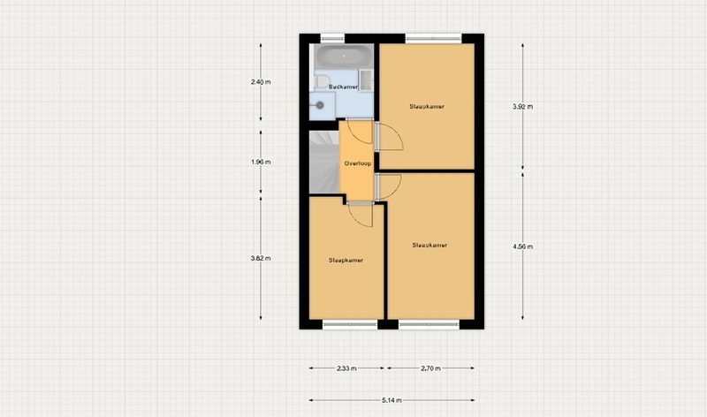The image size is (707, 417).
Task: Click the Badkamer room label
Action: pos(343,87)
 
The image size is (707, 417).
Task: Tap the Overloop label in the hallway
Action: pos(358,163)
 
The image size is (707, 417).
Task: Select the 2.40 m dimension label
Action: pos(261,82)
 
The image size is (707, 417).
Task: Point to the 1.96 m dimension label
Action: pos(261,162)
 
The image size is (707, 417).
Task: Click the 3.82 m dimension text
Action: pos(261,258)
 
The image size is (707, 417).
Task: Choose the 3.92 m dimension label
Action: pos(522,107)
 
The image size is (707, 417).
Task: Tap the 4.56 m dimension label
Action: pos(522,246)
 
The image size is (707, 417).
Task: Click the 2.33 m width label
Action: pos(346,368)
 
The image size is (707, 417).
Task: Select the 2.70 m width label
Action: pos(430,368)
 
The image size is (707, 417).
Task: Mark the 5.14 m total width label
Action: pos(392,400)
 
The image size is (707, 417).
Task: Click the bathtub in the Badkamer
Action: pos(344,56)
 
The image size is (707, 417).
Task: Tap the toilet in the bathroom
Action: pos(322,82)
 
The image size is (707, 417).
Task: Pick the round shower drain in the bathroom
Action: pos(320,105)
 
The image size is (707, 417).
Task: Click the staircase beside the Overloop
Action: pos(324,163)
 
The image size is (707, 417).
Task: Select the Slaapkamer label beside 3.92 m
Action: pos(427,107)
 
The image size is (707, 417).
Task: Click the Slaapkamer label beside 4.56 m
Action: pos(430,246)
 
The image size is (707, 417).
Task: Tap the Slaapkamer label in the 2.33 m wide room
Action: pos(346,260)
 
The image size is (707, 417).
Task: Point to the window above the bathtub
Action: pos(332,38)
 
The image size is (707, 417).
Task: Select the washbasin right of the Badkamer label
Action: pos(366,80)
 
